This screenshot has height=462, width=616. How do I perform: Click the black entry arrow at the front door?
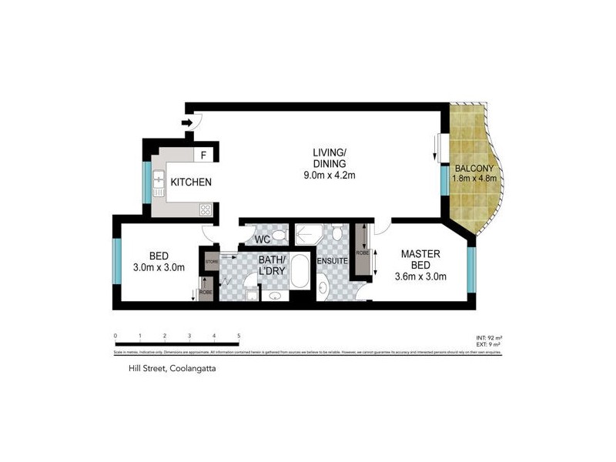(187, 122)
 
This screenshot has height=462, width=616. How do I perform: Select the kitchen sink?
(159, 182)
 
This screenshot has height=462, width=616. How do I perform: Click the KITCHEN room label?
(191, 182)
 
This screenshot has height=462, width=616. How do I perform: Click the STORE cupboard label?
(212, 263)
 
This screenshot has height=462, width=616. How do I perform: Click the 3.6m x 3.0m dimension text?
(420, 276)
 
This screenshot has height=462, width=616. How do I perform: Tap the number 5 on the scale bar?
(239, 336)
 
